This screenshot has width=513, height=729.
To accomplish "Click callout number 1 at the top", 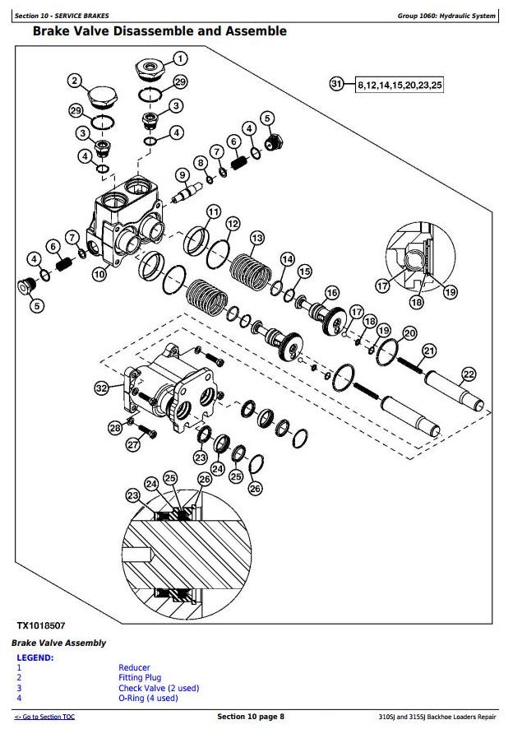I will pyautogui.click(x=179, y=58).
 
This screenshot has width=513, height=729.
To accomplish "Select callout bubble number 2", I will pyautogui.click(x=75, y=80).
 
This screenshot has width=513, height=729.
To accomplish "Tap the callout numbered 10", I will pyautogui.click(x=99, y=275).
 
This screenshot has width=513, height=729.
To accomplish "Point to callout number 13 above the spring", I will pyautogui.click(x=256, y=238).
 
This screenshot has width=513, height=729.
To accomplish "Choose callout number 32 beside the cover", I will pyautogui.click(x=101, y=388).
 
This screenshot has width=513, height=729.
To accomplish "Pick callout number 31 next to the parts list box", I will pyautogui.click(x=335, y=84).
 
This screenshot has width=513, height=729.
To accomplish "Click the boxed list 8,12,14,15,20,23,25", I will pyautogui.click(x=399, y=85).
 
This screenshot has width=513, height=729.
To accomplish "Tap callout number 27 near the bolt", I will pyautogui.click(x=133, y=446).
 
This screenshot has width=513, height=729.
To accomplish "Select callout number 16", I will pyautogui.click(x=331, y=292).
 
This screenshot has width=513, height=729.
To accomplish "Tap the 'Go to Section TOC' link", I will pyautogui.click(x=45, y=717).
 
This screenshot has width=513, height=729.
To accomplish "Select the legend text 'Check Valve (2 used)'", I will pyautogui.click(x=159, y=688).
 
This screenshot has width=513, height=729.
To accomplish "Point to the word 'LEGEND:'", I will pyautogui.click(x=35, y=657).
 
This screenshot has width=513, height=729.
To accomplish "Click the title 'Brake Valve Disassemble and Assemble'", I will pyautogui.click(x=159, y=31).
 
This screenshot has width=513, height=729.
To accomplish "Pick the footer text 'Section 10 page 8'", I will pyautogui.click(x=251, y=717).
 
